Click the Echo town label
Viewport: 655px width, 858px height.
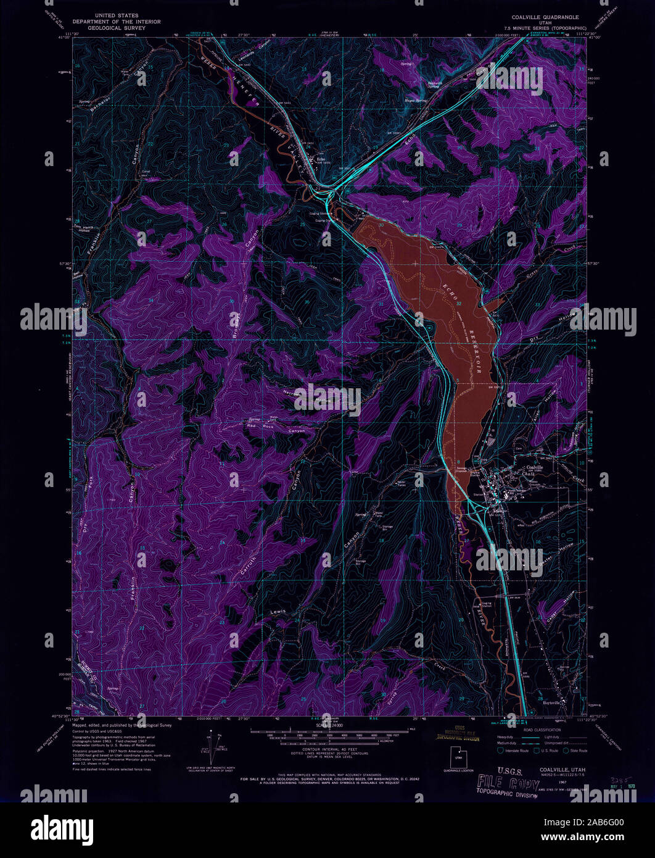click(321, 158)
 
